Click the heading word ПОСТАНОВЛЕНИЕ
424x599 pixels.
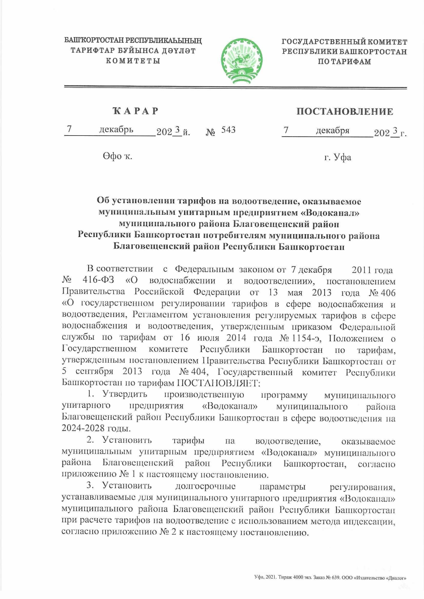[x=344, y=112]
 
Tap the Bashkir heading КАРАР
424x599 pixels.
[x=135, y=111]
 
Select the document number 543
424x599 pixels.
[x=228, y=130]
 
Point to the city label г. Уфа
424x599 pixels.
[x=337, y=158]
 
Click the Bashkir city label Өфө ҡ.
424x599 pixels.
[x=118, y=156]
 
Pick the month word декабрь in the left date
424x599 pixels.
[x=116, y=130]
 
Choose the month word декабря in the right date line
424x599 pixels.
[x=332, y=131]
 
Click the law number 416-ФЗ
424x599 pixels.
[x=98, y=280]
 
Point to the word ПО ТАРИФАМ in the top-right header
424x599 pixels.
[x=344, y=62]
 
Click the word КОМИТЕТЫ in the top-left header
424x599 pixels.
[x=133, y=61]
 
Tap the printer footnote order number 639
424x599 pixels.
[x=335, y=578]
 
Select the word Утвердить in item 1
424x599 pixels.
[x=125, y=394]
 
